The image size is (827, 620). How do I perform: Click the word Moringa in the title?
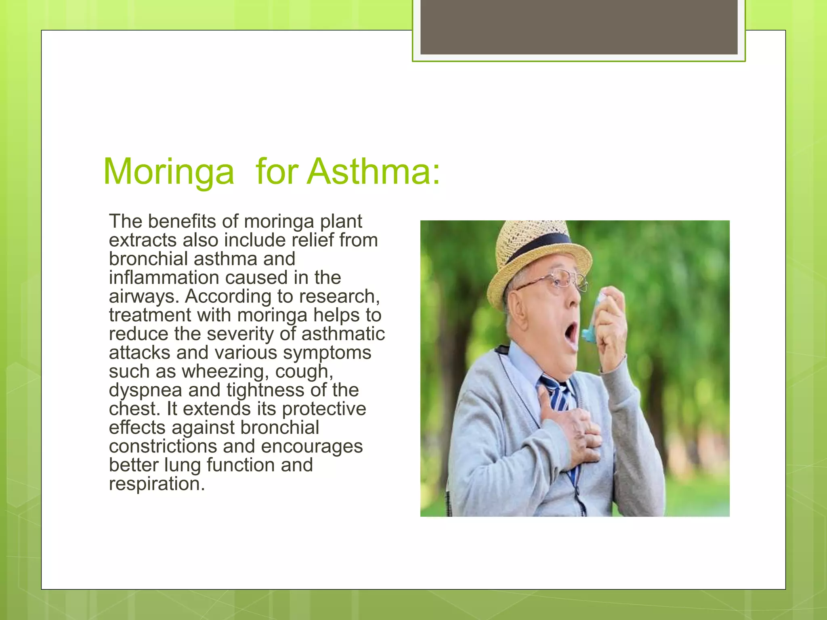point(168,172)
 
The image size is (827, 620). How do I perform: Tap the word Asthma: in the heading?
point(374,171)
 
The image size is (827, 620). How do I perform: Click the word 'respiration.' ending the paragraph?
point(157,484)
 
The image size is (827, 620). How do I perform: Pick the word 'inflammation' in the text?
point(164,278)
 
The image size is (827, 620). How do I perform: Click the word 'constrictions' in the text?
point(163,446)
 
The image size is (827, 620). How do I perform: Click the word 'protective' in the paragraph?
point(324,409)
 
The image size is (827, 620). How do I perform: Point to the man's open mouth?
point(571,333)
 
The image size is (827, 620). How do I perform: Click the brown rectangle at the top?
point(579,27)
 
